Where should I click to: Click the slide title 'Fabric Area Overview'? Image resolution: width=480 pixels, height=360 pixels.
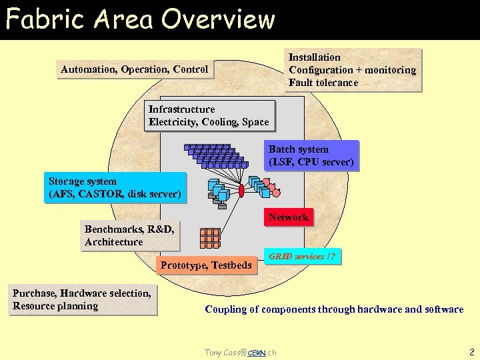click(140, 19)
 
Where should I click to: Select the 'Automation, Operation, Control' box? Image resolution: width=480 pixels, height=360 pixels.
click(135, 69)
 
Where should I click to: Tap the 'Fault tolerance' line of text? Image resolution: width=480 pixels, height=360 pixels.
click(323, 83)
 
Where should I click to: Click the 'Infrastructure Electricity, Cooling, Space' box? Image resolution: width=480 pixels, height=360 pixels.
click(209, 115)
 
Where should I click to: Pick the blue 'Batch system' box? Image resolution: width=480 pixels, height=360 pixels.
click(311, 155)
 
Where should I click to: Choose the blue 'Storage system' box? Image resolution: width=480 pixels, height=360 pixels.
click(115, 188)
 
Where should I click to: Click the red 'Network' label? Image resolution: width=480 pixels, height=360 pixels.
click(288, 217)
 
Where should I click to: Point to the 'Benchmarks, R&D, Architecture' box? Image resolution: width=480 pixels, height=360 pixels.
click(129, 235)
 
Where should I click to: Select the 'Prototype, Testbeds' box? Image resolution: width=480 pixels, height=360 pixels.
click(206, 265)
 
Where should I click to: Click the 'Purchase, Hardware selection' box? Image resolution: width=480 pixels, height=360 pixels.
click(82, 299)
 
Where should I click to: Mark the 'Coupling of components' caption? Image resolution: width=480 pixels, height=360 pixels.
click(334, 309)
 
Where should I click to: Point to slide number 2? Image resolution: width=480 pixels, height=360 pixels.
click(471, 351)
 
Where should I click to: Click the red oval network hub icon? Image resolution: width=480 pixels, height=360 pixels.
click(241, 191)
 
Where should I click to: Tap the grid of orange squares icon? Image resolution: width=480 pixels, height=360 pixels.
click(210, 238)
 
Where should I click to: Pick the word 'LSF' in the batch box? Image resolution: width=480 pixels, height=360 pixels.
click(283, 162)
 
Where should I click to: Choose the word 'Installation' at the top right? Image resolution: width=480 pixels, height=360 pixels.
click(314, 57)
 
